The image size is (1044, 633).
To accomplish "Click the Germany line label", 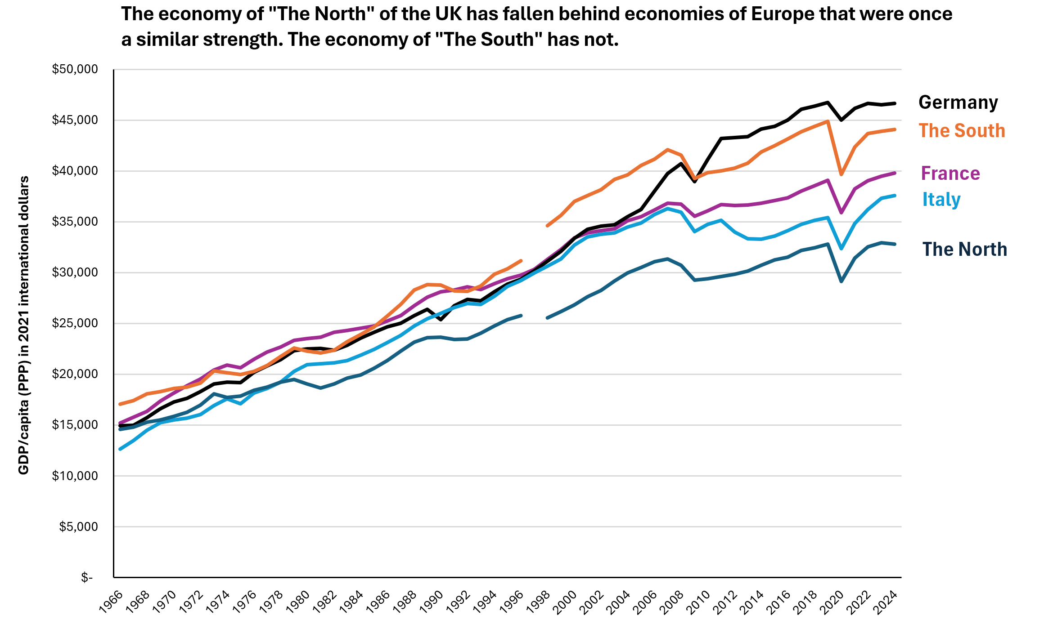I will click(x=958, y=103).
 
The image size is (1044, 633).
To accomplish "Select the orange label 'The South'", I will click(x=962, y=131).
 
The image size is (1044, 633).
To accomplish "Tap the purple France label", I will click(x=950, y=174).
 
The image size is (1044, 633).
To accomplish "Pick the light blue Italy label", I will click(x=941, y=200).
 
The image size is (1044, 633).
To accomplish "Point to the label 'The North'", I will click(x=964, y=250).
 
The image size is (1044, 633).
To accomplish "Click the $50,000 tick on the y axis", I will click(x=75, y=69).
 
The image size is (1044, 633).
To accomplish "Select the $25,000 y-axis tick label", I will click(x=75, y=323).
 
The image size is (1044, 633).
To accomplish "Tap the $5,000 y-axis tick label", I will click(x=78, y=526).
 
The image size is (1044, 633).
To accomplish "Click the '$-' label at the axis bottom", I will click(x=87, y=578).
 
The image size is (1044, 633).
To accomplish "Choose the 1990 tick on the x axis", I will click(x=432, y=602).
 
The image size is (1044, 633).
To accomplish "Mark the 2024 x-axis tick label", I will click(x=886, y=602).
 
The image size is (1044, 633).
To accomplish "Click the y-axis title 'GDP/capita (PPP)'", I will click(x=23, y=325).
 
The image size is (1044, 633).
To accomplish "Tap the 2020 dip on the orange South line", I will click(x=841, y=174).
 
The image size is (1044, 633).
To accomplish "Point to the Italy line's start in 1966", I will click(x=120, y=449).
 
